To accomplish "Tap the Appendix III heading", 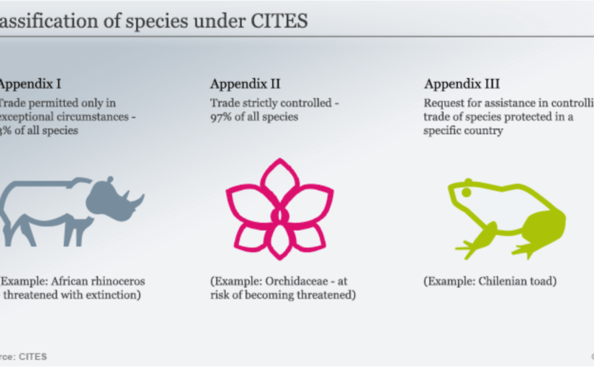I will (462, 83).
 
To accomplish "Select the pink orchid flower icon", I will (279, 209).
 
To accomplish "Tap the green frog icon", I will (504, 216).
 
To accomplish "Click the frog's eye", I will (466, 193).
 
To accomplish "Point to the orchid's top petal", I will (279, 180).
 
